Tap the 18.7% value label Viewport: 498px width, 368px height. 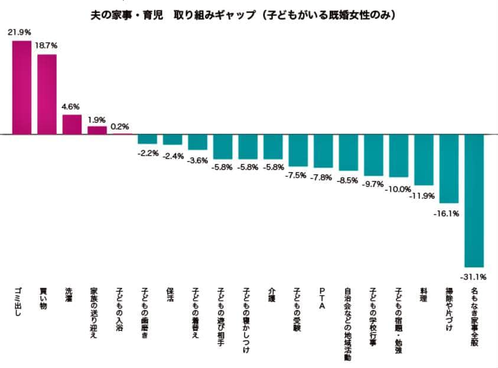pyautogui.click(x=47, y=45)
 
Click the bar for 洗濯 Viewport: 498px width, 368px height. pyautogui.click(x=72, y=124)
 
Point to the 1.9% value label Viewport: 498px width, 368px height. pyautogui.click(x=97, y=119)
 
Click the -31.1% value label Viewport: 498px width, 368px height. pyautogui.click(x=474, y=277)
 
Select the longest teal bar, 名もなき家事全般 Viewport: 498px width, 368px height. pyautogui.click(x=474, y=201)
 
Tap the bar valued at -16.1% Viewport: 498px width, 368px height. pyautogui.click(x=449, y=169)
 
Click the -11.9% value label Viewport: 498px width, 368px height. pyautogui.click(x=424, y=195)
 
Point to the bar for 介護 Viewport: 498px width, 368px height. pyautogui.click(x=273, y=147)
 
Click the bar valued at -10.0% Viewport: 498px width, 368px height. pyautogui.click(x=399, y=156)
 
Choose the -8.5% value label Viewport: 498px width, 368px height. pyautogui.click(x=347, y=180)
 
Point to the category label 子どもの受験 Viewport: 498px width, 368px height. pyautogui.click(x=297, y=310)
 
